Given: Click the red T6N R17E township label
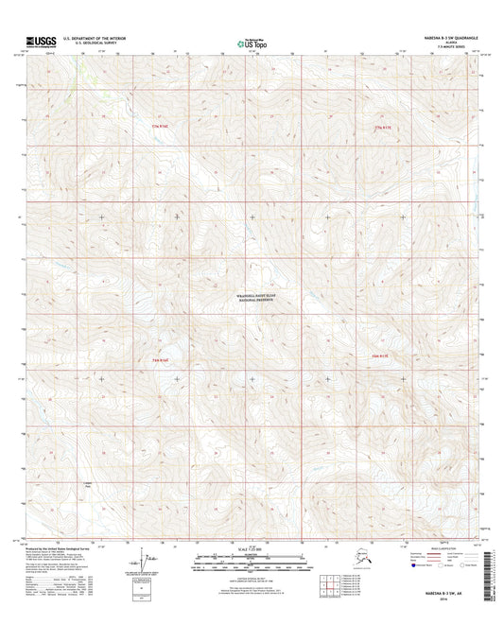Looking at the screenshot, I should click(x=381, y=355).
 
